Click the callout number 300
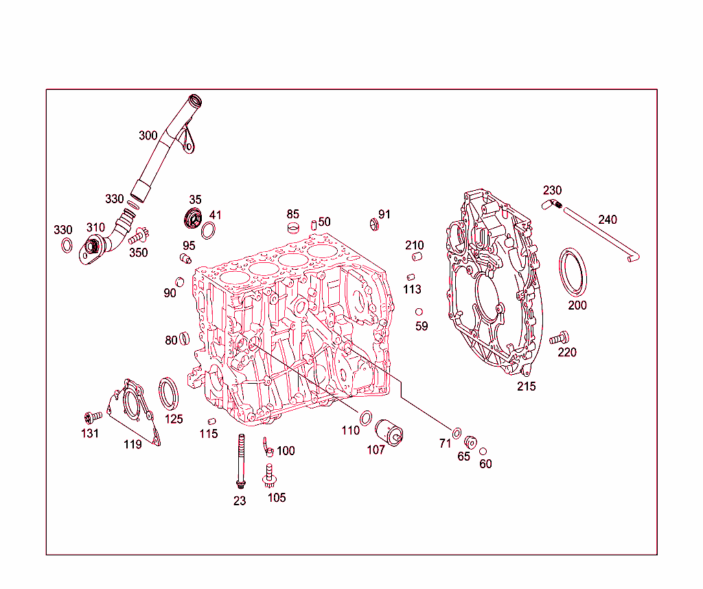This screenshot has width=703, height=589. tap(148, 136)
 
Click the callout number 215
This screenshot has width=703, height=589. tap(527, 386)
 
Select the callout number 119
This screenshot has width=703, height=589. tap(132, 444)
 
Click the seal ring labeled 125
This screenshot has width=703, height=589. tap(170, 393)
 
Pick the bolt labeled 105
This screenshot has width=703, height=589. tap(270, 474)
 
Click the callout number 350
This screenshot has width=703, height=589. tap(138, 252)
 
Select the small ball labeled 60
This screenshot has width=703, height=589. tap(483, 451)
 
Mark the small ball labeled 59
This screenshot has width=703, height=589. tap(419, 312)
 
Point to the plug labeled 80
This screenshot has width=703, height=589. tap(184, 338)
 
